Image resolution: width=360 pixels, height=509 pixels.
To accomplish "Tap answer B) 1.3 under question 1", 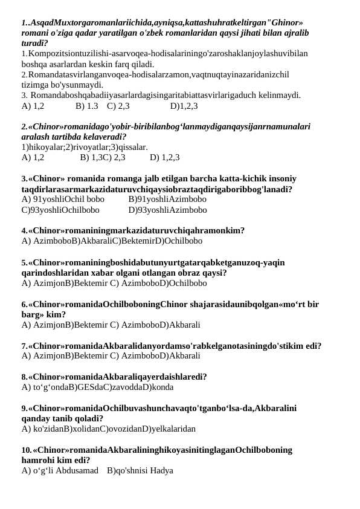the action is [x=87, y=106].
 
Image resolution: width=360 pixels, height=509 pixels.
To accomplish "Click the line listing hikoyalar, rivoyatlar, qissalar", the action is [x=85, y=147].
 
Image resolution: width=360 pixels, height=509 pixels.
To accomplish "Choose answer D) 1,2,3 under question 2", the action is [x=164, y=157].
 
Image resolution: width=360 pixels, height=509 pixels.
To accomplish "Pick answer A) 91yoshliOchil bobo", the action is [x=63, y=199].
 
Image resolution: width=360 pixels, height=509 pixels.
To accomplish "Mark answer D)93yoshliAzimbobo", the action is [x=167, y=210].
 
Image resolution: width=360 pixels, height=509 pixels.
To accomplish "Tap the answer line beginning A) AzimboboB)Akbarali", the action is [x=112, y=241].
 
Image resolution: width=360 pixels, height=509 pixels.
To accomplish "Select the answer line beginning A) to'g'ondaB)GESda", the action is [x=97, y=387].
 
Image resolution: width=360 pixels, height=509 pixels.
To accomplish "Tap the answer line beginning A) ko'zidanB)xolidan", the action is [x=109, y=429].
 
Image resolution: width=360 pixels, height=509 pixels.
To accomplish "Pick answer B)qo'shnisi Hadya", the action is [x=140, y=470].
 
